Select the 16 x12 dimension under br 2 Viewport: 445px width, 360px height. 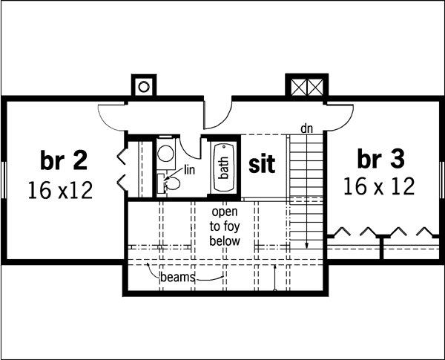60,191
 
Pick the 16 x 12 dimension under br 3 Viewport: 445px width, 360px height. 379,186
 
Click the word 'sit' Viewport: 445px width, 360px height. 261,164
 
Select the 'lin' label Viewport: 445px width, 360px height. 189,170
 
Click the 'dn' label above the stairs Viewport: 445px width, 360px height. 306,129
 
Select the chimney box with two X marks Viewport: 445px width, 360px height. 305,86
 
